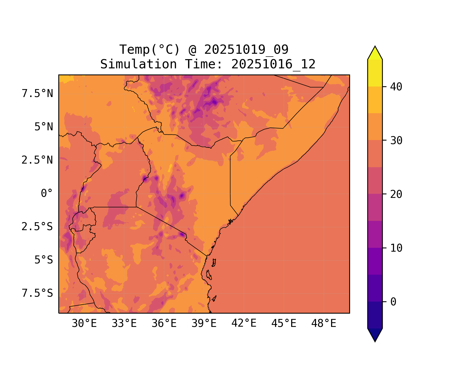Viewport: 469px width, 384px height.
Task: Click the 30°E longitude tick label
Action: pos(84,324)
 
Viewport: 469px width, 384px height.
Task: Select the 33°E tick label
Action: pos(124,324)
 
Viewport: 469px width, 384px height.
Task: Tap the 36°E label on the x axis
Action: pos(164,324)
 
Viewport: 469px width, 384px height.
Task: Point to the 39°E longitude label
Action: pos(204,324)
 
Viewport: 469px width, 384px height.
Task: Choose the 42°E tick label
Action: pos(244,323)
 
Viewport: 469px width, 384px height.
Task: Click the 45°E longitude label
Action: pos(284,324)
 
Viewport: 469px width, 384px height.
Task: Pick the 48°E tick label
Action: pos(324,324)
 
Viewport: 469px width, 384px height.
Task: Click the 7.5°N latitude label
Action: pos(37,93)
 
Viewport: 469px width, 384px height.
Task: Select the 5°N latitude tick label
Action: pos(44,127)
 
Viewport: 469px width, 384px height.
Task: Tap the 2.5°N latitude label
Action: pos(37,160)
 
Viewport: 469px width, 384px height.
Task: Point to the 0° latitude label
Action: pos(47,193)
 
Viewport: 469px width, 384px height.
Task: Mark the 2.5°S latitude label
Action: pos(37,227)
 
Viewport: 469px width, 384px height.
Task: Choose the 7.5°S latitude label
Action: pos(37,293)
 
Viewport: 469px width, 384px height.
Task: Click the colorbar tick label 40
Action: pos(396,87)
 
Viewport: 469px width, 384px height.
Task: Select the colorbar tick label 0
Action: pos(393,302)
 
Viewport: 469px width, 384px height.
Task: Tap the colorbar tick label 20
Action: pos(396,194)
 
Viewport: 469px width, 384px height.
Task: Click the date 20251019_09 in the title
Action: pos(246,49)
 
